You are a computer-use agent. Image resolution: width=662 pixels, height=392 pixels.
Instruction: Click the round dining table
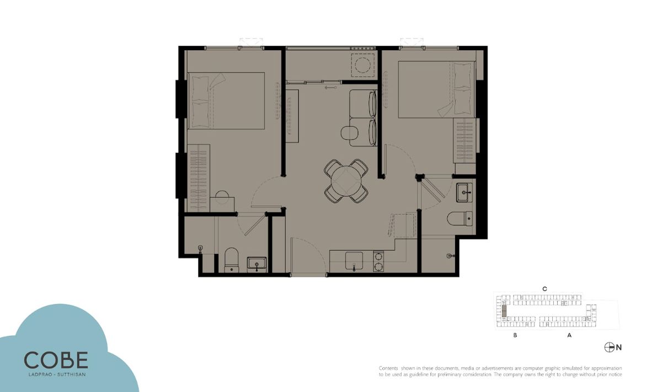[346, 181]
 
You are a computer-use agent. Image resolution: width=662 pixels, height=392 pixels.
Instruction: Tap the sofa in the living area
[363, 118]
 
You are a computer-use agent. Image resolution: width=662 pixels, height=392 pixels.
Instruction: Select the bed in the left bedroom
[226, 101]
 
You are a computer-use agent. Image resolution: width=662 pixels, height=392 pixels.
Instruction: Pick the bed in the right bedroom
[436, 89]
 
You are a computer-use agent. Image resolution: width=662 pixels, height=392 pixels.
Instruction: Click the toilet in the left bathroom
[231, 260]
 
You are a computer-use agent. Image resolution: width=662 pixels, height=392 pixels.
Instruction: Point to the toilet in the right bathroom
[460, 218]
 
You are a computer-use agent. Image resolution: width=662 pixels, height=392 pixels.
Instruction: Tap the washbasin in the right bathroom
[465, 192]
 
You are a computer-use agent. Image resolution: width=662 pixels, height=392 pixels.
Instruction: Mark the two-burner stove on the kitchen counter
[378, 261]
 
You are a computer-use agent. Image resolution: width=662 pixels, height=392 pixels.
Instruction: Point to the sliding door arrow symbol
[330, 88]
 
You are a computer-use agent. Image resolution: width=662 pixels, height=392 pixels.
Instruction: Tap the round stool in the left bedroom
[222, 197]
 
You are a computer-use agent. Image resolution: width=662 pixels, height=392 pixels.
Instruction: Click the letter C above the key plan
[544, 289]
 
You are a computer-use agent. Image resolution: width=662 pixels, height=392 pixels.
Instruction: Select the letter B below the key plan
[515, 335]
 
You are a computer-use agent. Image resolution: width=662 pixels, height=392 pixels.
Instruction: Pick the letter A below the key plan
[569, 335]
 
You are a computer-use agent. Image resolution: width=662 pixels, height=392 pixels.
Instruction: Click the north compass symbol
[609, 347]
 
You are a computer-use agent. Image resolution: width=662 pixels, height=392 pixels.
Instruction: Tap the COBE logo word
[56, 360]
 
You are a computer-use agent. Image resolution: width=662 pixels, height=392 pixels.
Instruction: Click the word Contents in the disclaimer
[388, 368]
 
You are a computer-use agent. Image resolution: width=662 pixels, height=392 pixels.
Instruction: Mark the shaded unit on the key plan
[504, 311]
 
